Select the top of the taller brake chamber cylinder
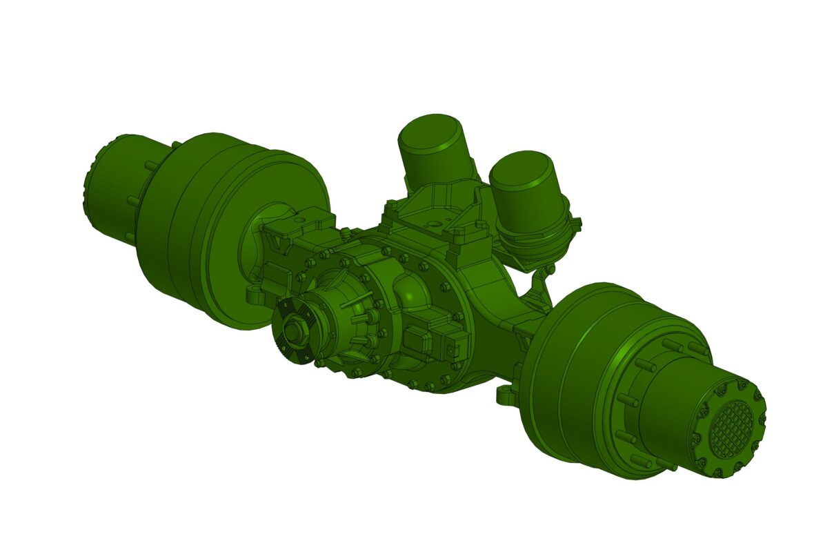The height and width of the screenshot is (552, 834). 430,132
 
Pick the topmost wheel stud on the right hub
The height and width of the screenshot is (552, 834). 668,344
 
